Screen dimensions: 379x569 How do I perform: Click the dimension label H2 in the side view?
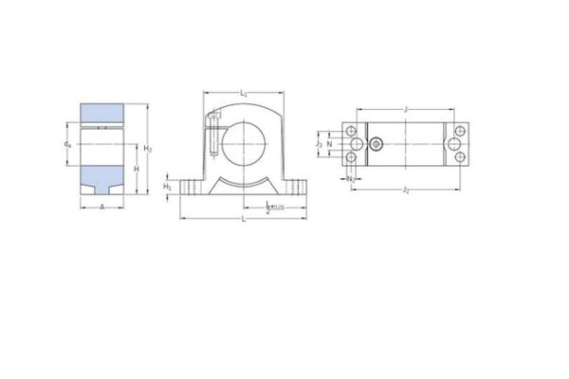point(149,150)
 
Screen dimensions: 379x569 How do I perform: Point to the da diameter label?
point(67,145)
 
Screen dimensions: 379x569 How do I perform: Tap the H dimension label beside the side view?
point(136,168)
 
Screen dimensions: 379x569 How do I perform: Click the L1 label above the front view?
point(244,94)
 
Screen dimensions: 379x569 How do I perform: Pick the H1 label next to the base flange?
point(168,187)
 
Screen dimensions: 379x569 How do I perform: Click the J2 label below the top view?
point(406,190)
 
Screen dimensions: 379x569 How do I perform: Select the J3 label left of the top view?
point(320,144)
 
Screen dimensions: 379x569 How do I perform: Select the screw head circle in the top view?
point(377,145)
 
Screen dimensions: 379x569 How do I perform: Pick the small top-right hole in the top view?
point(464,130)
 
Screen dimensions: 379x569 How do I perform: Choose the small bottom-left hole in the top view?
point(350,159)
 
